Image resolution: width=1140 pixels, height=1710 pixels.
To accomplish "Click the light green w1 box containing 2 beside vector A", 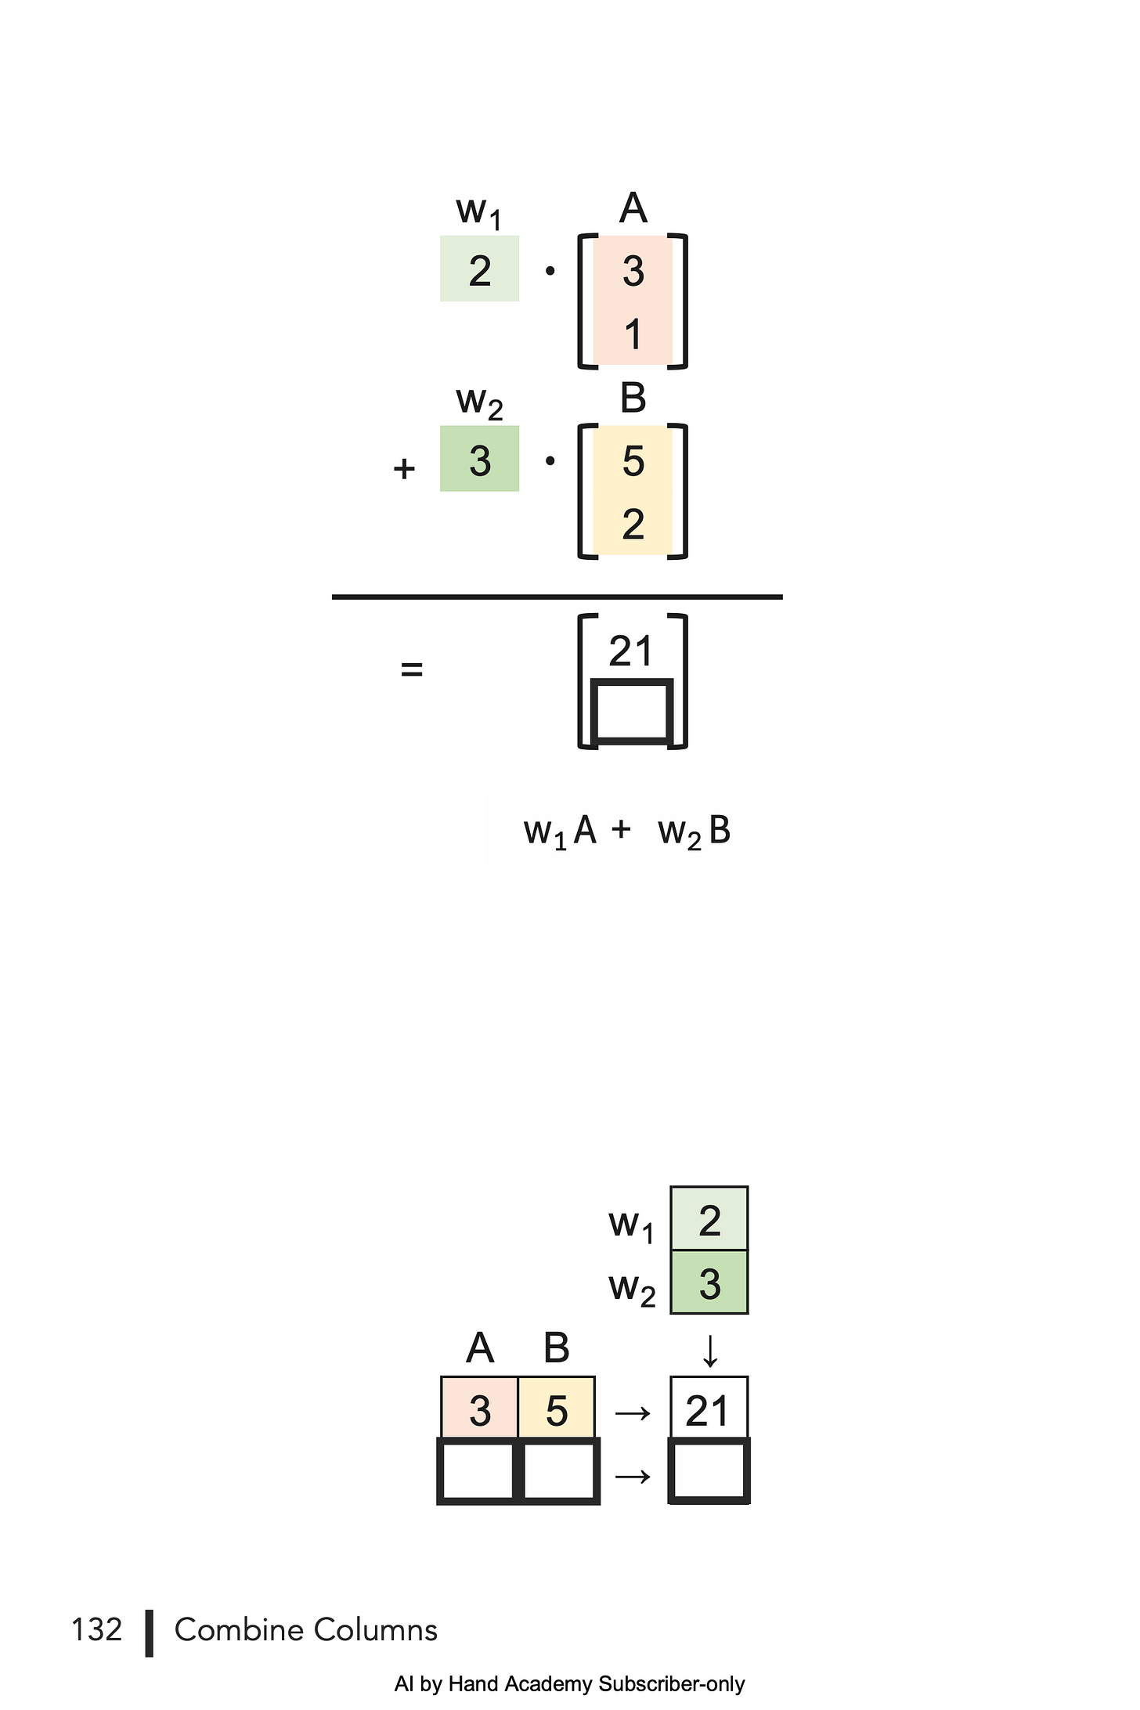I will click(479, 269).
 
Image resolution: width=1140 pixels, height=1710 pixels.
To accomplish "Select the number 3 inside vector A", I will click(633, 271).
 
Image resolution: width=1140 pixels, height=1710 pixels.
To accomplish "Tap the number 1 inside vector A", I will click(633, 334).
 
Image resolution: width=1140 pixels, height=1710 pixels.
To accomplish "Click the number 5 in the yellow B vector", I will click(633, 461).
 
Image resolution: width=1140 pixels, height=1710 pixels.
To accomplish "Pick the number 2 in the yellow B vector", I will click(633, 524).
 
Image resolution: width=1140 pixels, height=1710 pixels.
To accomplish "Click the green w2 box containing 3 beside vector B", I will click(479, 460).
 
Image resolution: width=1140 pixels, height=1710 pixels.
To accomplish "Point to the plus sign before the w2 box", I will click(404, 468).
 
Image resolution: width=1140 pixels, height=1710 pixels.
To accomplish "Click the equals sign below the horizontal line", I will click(411, 669).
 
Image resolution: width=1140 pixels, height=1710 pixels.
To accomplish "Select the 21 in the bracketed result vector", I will click(630, 651).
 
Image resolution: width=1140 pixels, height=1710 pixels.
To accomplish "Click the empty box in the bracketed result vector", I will click(631, 711).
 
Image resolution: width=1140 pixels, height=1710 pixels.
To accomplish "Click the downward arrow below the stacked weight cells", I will click(709, 1351).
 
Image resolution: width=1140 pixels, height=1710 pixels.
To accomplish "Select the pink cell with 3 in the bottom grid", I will click(479, 1410).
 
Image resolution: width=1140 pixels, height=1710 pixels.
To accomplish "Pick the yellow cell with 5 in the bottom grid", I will click(557, 1410).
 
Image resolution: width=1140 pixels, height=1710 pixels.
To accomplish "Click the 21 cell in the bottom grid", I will click(709, 1410).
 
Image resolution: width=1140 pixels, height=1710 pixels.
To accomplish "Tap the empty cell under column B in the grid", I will click(557, 1471).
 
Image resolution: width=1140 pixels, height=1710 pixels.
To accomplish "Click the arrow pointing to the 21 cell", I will click(633, 1413).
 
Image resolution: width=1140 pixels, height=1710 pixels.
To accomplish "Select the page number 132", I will click(97, 1629).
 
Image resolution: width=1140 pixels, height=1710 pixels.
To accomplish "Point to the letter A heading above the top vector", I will click(633, 208).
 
